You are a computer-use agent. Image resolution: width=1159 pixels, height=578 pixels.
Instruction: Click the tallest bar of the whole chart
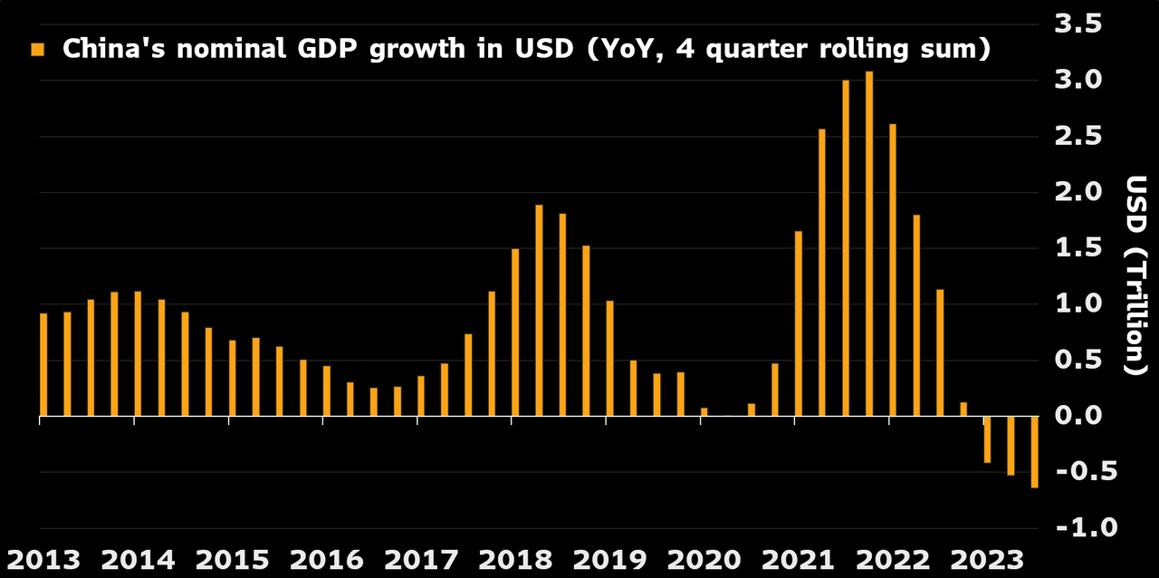coord(869,245)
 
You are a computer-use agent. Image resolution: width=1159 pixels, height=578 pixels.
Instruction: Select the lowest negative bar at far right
coord(1034,453)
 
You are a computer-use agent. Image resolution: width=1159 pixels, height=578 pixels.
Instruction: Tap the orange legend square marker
coord(37,49)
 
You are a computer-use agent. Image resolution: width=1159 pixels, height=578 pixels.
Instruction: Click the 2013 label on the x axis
coord(43,559)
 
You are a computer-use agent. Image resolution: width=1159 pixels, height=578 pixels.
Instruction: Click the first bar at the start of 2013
coord(43,365)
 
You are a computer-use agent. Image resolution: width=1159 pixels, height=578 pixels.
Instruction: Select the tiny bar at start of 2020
coord(704,412)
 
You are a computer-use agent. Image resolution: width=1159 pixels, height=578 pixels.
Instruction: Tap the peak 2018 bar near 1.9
coord(539,311)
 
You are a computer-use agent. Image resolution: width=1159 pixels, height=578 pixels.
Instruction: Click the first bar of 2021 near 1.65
coord(799,324)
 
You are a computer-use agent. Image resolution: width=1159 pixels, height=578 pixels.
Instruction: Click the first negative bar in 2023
coord(987,440)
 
